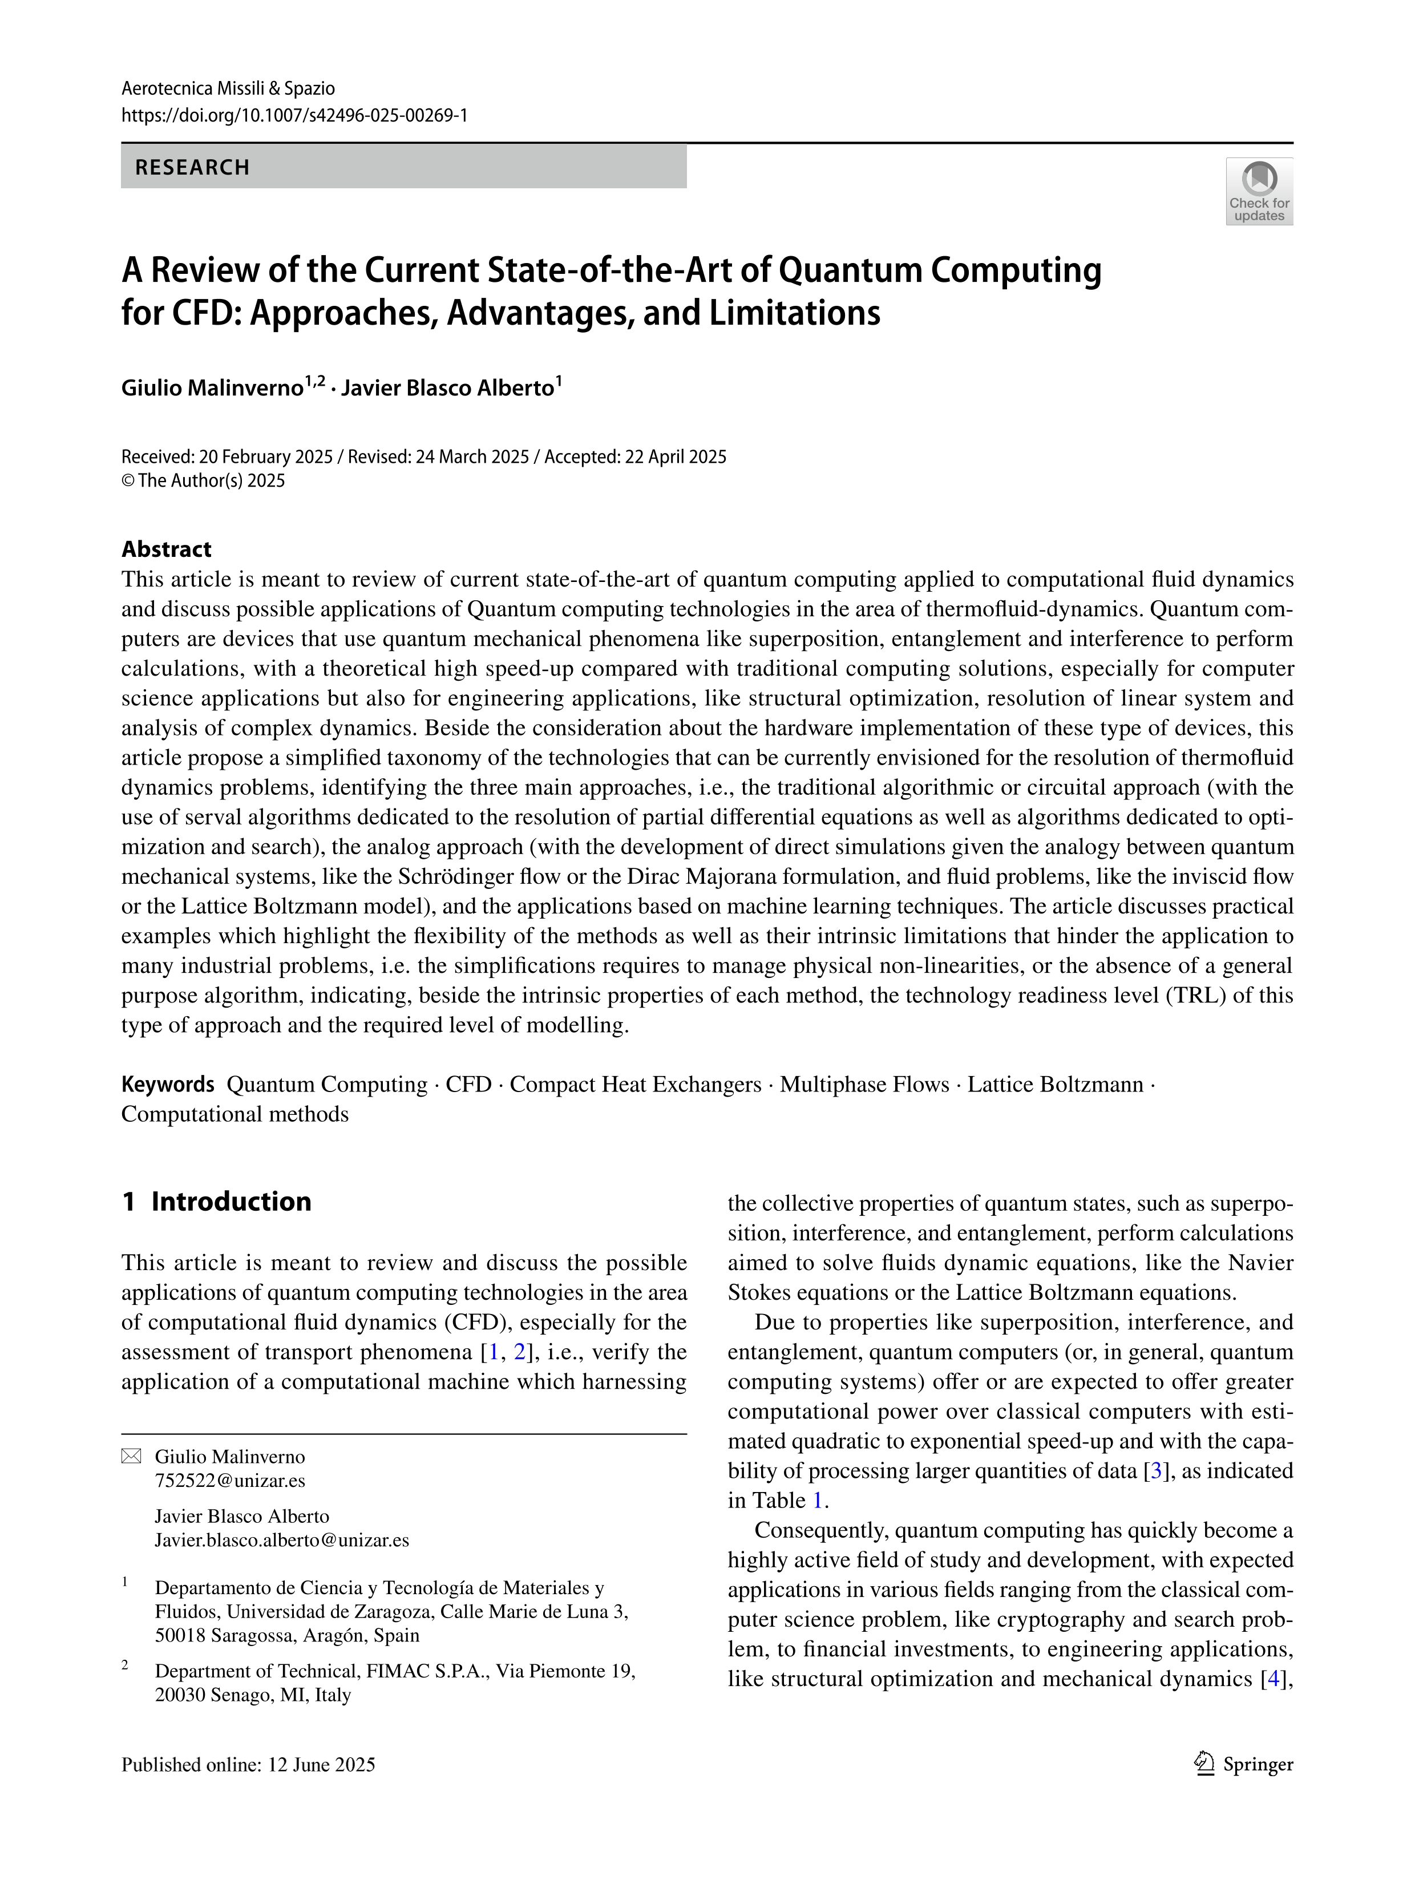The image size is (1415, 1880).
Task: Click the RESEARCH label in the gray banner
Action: [x=192, y=167]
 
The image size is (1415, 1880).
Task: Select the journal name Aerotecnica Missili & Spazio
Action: [x=228, y=88]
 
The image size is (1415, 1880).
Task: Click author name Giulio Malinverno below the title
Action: [x=212, y=389]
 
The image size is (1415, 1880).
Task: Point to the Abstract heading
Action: [x=167, y=549]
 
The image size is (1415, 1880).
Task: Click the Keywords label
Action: [x=167, y=1085]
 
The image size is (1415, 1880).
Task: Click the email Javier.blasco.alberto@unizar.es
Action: [x=281, y=1540]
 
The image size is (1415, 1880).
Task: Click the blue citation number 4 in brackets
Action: [x=1272, y=1679]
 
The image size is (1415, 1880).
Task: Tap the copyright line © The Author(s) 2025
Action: [x=203, y=481]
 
